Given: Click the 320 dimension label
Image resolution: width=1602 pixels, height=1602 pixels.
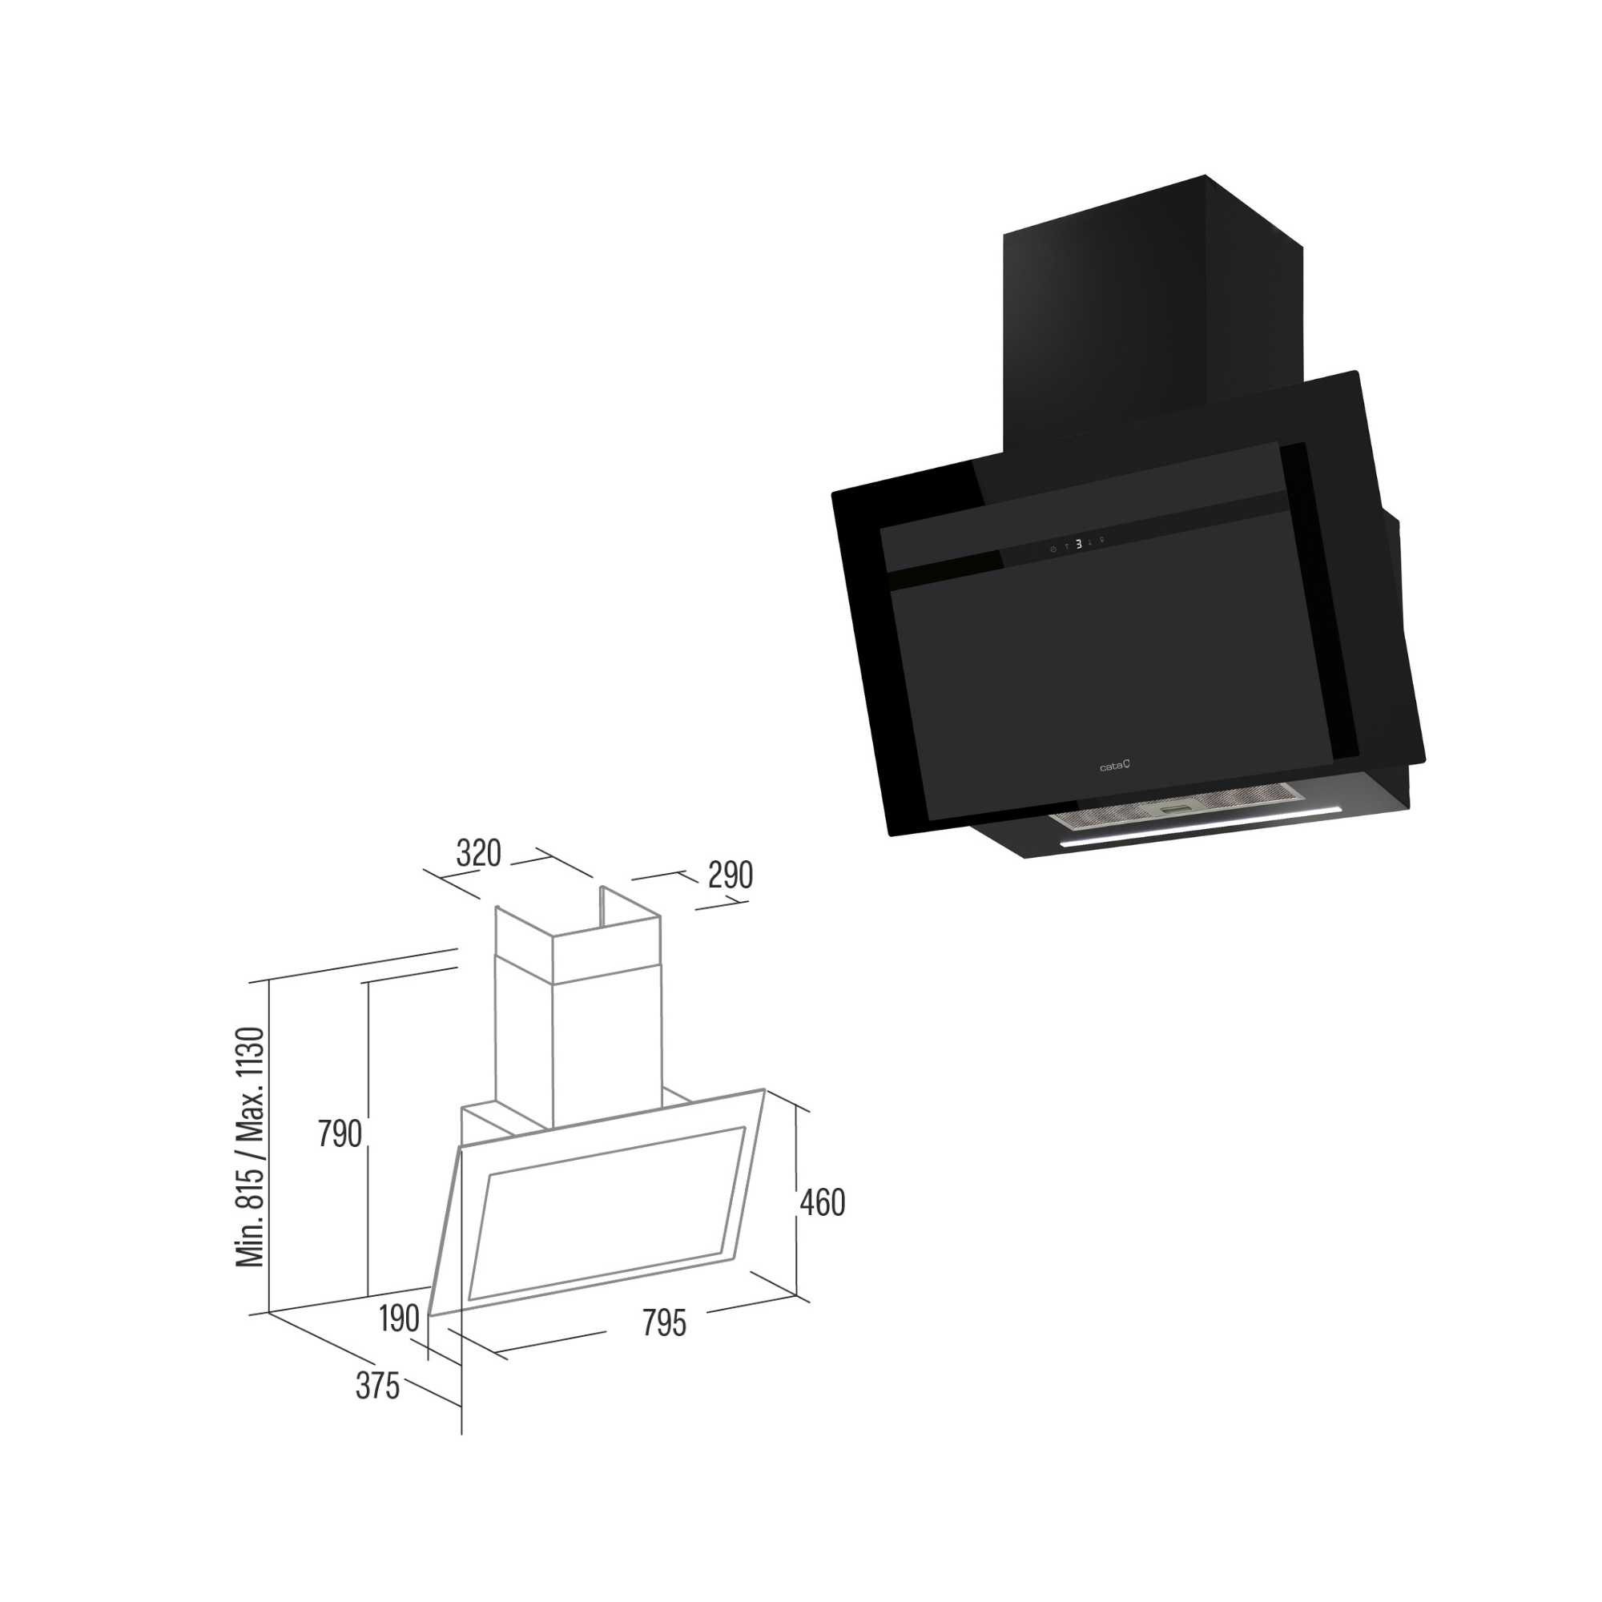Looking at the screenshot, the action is pos(479,853).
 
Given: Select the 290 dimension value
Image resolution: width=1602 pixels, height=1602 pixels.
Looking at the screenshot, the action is pos(731,875).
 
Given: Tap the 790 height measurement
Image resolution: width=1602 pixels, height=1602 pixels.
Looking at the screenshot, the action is pos(340,1133).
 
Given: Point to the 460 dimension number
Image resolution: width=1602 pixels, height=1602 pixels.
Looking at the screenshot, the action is pos(823,1203).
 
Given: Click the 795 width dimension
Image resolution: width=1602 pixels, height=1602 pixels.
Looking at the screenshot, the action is pos(664,1322).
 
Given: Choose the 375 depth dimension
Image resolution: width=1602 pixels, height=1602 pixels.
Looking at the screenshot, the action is pos(377,1386).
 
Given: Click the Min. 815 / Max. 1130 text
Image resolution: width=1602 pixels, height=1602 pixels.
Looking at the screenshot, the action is pos(251,1148).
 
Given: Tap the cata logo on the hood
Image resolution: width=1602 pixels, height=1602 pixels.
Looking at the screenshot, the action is pos(1114,767).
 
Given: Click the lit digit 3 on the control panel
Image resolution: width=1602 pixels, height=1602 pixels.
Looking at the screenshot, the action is pos(1078,544).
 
